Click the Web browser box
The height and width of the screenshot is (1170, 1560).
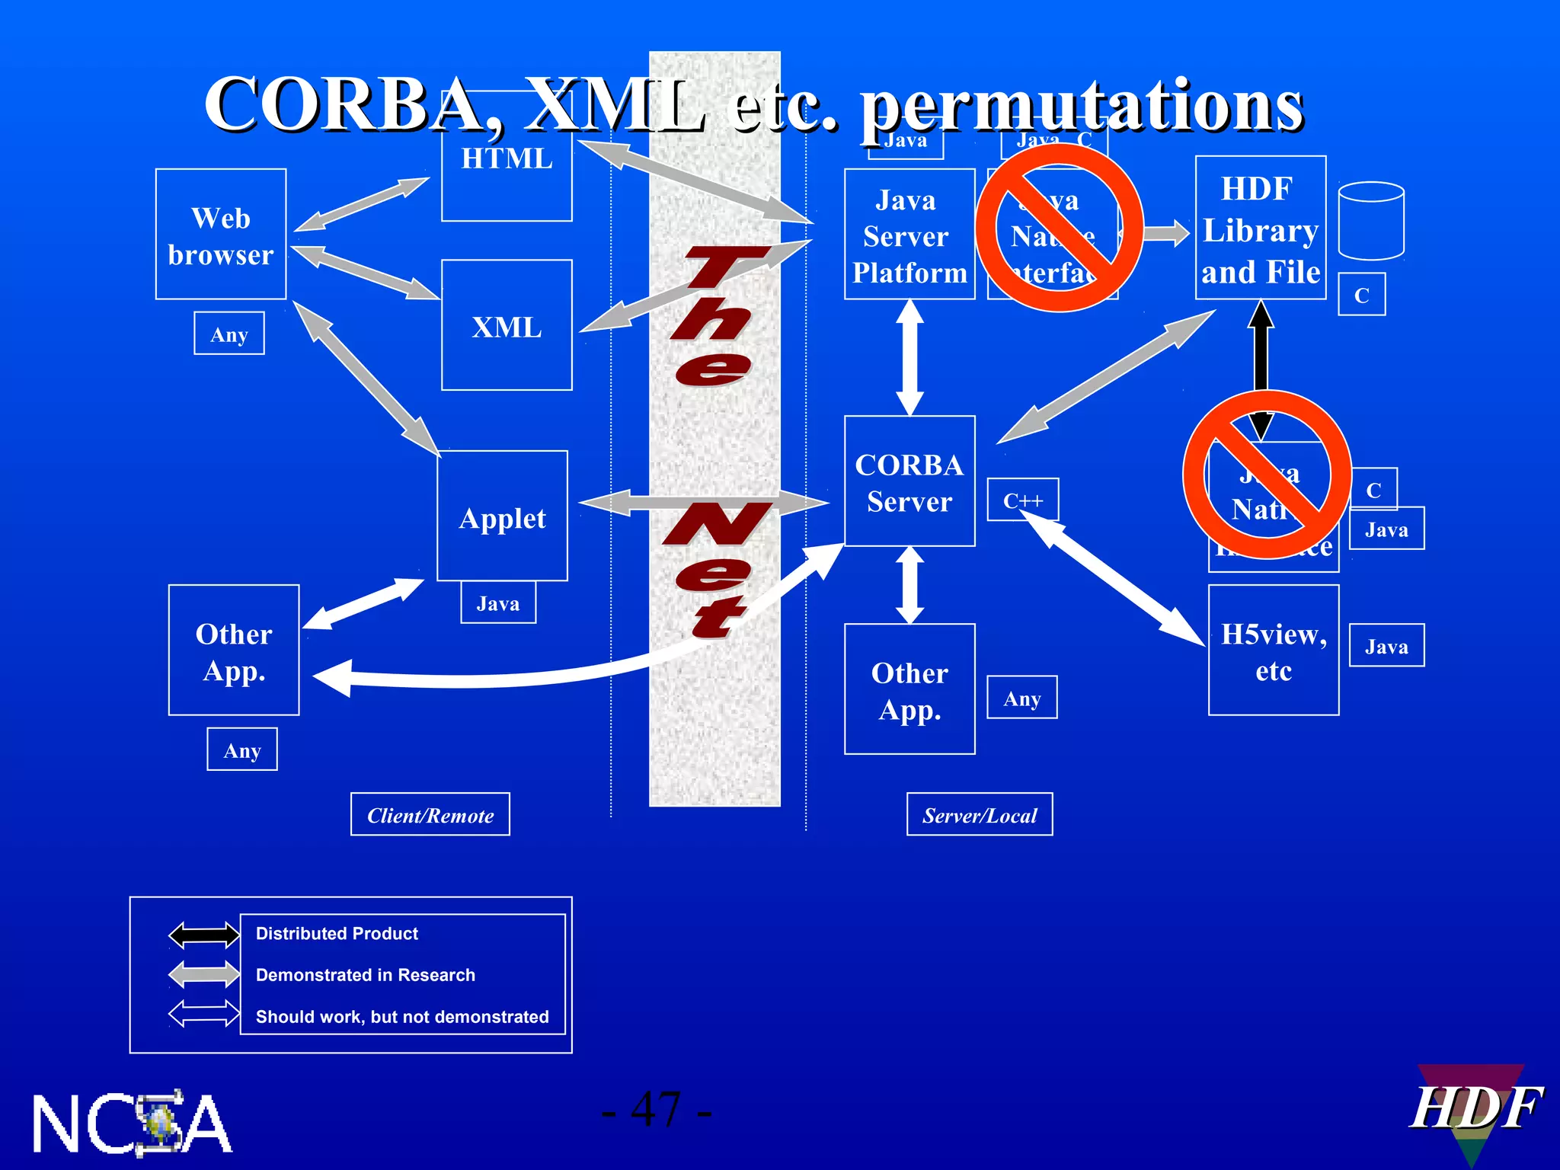tap(221, 235)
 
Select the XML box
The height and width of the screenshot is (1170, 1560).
tap(507, 326)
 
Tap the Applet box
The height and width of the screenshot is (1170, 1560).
tap(503, 516)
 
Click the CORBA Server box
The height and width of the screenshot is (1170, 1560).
tap(909, 481)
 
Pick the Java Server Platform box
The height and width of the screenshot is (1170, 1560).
tap(909, 235)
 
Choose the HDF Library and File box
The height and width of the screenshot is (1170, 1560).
tap(1261, 229)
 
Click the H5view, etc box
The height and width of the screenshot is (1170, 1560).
tap(1274, 651)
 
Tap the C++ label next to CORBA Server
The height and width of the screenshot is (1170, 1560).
tap(1022, 500)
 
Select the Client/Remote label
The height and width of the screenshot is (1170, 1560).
tap(430, 815)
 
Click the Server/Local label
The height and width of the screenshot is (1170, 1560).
tap(980, 815)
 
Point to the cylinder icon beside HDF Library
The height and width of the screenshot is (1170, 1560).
tap(1371, 221)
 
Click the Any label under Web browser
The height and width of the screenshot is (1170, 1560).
tap(229, 334)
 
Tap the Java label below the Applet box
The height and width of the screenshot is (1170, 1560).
tap(498, 603)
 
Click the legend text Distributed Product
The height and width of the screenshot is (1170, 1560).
tap(337, 933)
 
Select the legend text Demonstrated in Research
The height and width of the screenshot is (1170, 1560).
tap(365, 975)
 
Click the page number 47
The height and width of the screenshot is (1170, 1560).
tap(657, 1110)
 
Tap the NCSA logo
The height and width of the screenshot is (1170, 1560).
tap(131, 1123)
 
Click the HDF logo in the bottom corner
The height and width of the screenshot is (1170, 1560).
tap(1474, 1111)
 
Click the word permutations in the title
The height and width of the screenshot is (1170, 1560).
tap(1082, 107)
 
